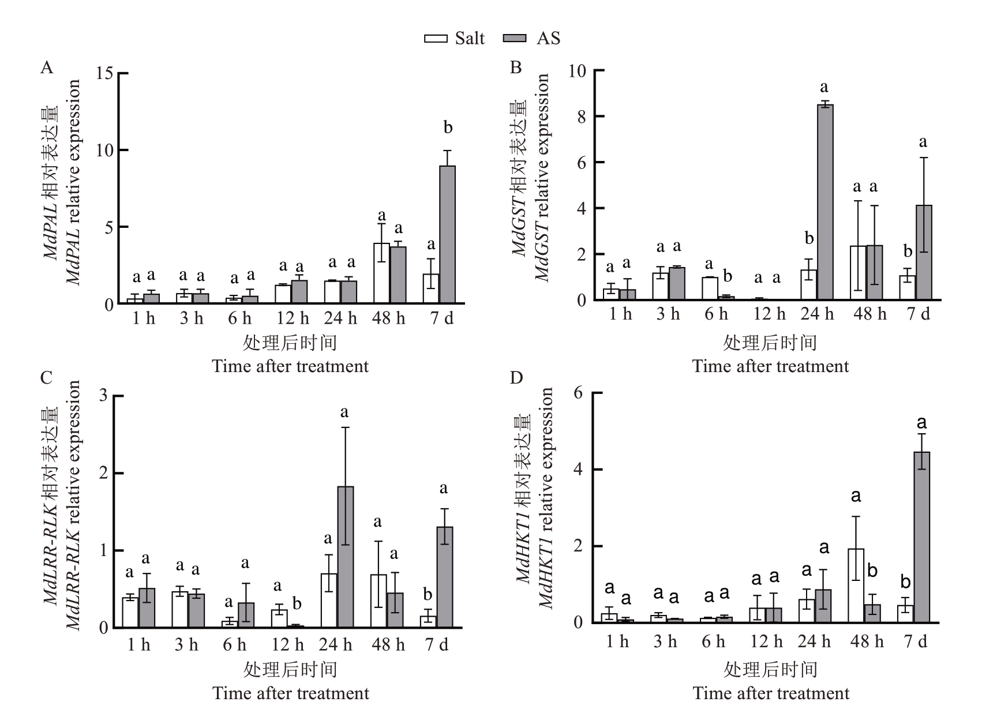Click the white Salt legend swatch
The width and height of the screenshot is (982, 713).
click(x=436, y=38)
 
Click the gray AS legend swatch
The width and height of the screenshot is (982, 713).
click(x=515, y=38)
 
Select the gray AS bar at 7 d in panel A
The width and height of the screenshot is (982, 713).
click(x=447, y=234)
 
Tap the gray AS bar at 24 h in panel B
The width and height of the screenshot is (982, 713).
click(x=825, y=202)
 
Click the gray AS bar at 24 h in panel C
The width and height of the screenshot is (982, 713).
click(x=345, y=557)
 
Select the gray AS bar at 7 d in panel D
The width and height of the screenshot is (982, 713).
click(x=922, y=537)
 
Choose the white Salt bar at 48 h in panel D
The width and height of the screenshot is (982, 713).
click(x=856, y=586)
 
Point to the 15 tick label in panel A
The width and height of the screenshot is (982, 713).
click(x=106, y=74)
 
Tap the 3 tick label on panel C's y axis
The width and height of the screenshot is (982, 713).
click(x=104, y=396)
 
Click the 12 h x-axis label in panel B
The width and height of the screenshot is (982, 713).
click(x=770, y=314)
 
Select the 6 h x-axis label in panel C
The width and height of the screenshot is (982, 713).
click(x=234, y=644)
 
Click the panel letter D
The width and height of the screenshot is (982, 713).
click(x=516, y=378)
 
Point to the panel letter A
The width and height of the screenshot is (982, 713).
click(x=47, y=68)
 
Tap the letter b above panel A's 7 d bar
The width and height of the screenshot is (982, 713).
click(x=448, y=127)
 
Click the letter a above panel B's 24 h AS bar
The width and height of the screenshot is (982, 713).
click(x=824, y=87)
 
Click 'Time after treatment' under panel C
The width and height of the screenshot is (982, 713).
click(x=291, y=693)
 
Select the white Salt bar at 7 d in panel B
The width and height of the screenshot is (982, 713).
click(x=908, y=287)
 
